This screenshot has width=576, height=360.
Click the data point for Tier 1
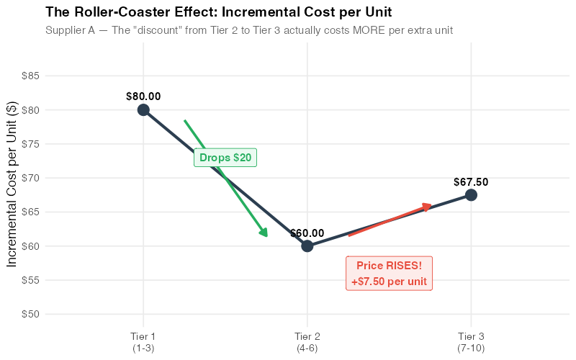(143, 109)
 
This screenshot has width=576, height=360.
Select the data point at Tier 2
(307, 246)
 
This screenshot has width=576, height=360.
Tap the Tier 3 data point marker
(471, 194)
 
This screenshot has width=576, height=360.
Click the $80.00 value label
(143, 96)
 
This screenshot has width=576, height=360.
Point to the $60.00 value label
(307, 233)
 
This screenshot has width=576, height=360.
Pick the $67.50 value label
(471, 182)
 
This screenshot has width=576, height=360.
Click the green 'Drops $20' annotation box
(225, 158)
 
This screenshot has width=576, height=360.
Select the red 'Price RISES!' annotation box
(390, 274)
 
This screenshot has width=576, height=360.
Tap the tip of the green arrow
(267, 236)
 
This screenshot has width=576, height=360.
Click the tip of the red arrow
(432, 205)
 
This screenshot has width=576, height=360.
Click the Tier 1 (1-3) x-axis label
(143, 342)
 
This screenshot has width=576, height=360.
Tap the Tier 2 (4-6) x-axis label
(307, 342)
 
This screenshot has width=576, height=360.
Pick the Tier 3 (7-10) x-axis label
(471, 342)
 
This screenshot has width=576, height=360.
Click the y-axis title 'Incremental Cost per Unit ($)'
(13, 184)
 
